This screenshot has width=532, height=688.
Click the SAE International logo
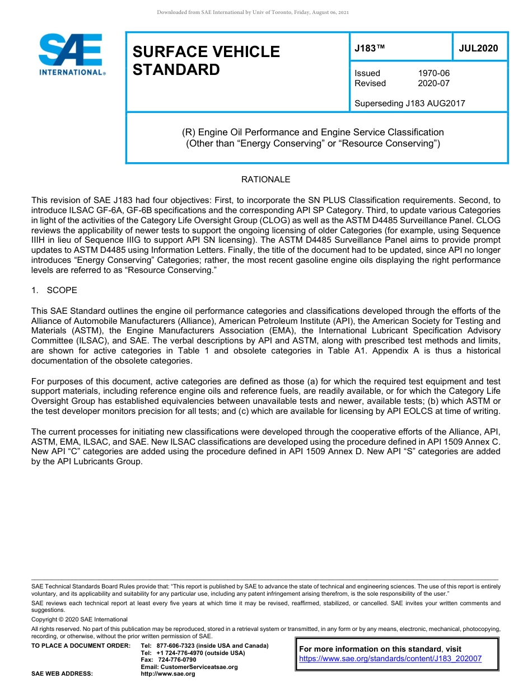coord(72,54)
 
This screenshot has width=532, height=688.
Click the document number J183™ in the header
coord(370,49)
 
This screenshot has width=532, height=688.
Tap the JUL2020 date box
coord(478,49)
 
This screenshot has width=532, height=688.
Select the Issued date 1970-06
coord(433,73)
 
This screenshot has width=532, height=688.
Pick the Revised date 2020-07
coord(433,83)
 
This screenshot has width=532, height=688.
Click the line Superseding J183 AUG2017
coord(409,103)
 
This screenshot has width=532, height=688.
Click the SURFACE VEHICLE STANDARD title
coord(206,60)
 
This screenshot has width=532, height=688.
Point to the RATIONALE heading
coord(265,180)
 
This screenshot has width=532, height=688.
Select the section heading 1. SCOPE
coord(54,290)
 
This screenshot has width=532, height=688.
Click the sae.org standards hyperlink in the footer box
coord(390,659)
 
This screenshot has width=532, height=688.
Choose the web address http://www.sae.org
coord(168,674)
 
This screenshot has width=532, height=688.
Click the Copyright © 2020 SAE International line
coord(80,620)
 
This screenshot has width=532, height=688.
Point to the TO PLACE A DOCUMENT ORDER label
coord(81,645)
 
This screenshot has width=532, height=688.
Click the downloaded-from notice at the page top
coord(253,12)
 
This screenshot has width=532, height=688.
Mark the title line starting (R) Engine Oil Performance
coord(312,133)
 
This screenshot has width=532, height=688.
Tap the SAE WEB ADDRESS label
coord(62,674)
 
